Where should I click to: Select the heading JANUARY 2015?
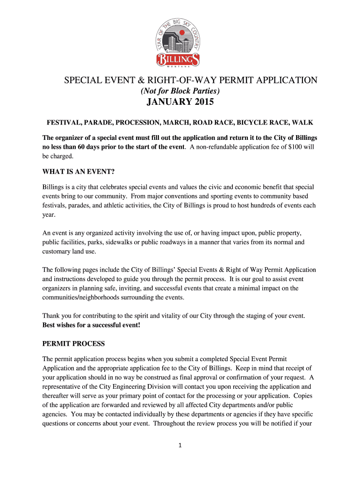tap(180, 102)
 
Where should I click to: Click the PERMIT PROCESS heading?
tap(73, 343)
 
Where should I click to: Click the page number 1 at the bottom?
tap(180, 445)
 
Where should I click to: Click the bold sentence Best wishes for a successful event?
tap(91, 325)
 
